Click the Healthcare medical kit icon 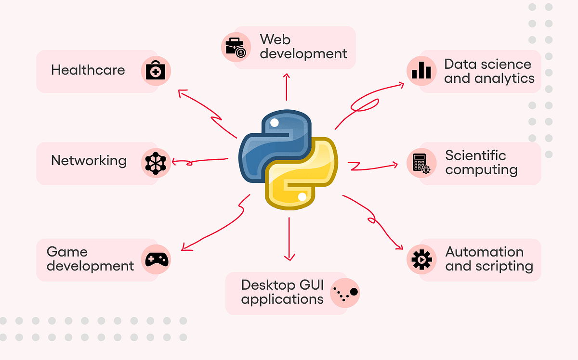point(156,71)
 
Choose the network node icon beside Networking point(156,162)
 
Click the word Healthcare point(88,70)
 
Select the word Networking point(89,160)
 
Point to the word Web point(275,39)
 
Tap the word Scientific point(475,155)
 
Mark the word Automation point(484,252)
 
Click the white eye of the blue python point(274,123)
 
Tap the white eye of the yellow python point(302,197)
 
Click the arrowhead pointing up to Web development point(287,76)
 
